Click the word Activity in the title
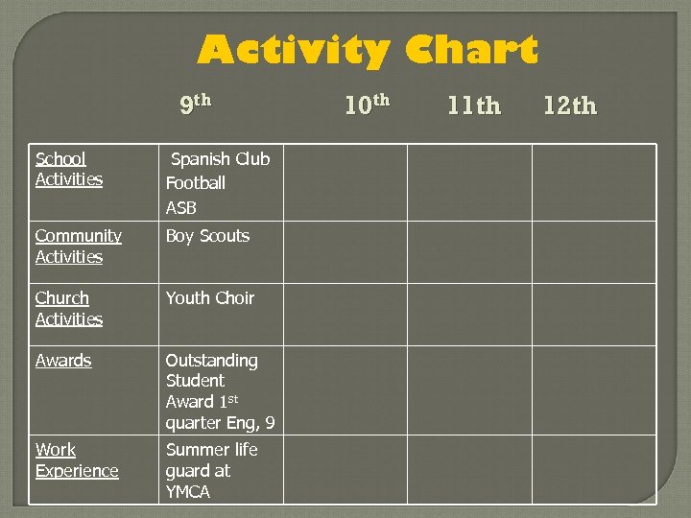pyautogui.click(x=293, y=50)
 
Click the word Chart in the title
pyautogui.click(x=471, y=50)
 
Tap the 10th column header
pyautogui.click(x=367, y=105)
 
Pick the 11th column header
pyautogui.click(x=474, y=106)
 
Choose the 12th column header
pyautogui.click(x=570, y=106)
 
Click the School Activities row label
pyautogui.click(x=69, y=169)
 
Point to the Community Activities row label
pyautogui.click(x=78, y=246)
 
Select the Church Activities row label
pyautogui.click(x=68, y=308)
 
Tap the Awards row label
pyautogui.click(x=63, y=361)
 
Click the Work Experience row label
pyautogui.click(x=77, y=460)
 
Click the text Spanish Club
pyautogui.click(x=220, y=159)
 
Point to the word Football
pyautogui.click(x=196, y=182)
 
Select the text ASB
pyautogui.click(x=181, y=207)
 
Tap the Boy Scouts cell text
pyautogui.click(x=207, y=236)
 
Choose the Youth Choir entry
pyautogui.click(x=210, y=298)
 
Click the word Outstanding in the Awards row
pyautogui.click(x=212, y=361)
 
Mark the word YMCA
pyautogui.click(x=188, y=492)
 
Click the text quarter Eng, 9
pyautogui.click(x=220, y=423)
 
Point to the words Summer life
pyautogui.click(x=212, y=450)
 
